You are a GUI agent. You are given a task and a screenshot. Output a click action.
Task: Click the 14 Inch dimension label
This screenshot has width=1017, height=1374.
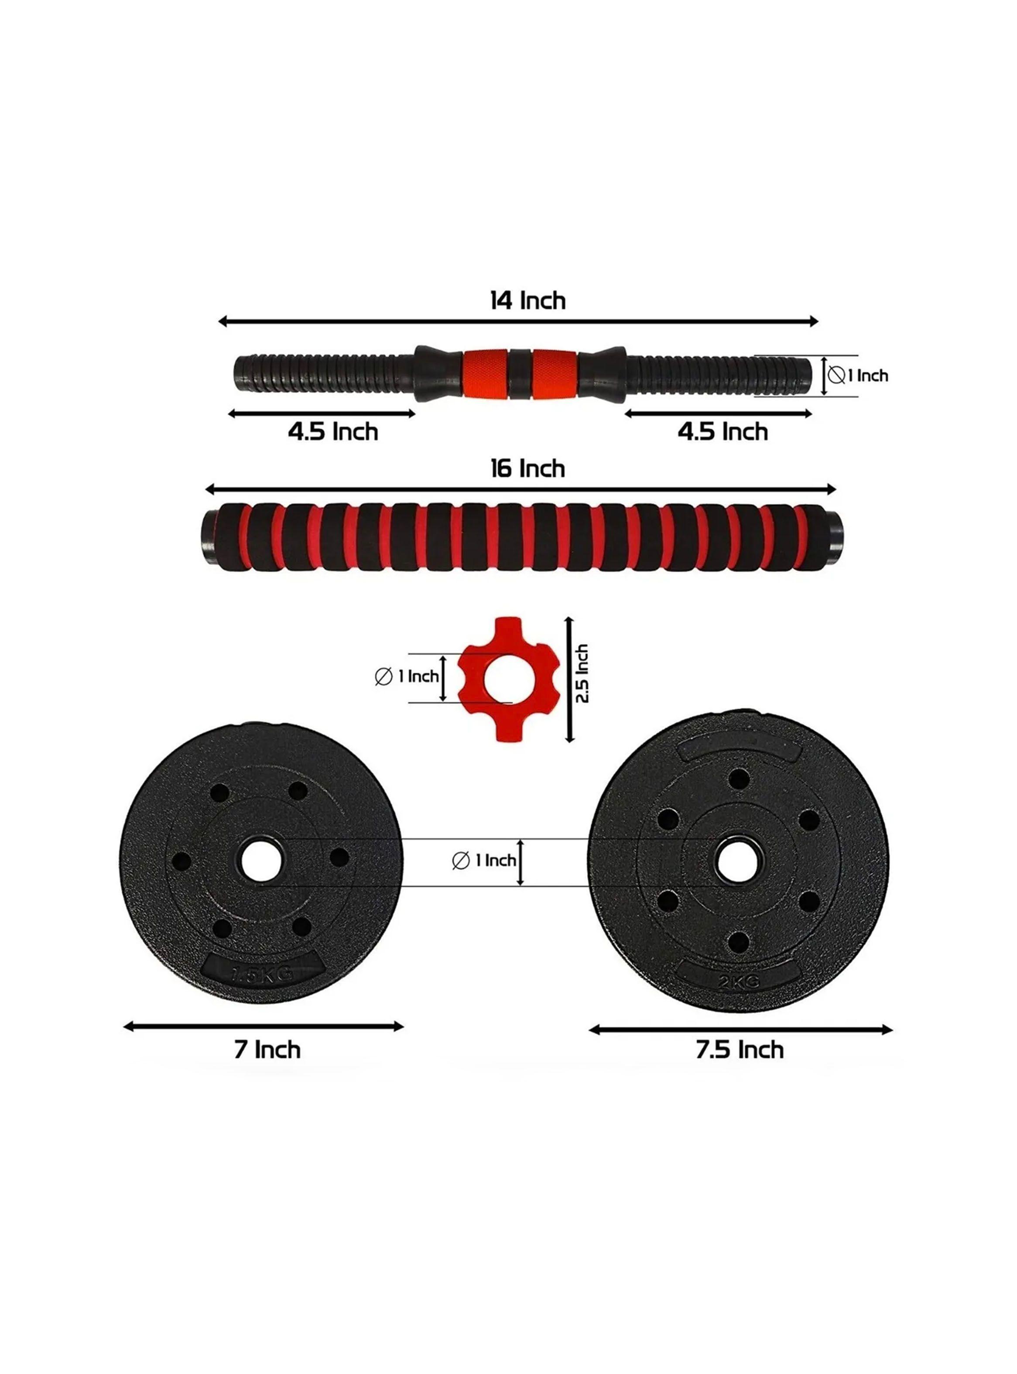click(x=527, y=301)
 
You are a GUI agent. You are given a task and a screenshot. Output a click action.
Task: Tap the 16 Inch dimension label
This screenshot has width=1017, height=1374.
click(x=527, y=469)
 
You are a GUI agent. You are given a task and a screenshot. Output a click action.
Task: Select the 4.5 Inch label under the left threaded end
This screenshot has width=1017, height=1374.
click(x=332, y=432)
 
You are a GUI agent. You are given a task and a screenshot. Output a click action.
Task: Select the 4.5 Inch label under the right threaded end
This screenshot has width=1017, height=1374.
click(x=723, y=432)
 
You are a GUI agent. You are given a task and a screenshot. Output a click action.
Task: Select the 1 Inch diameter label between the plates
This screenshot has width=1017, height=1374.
click(x=484, y=860)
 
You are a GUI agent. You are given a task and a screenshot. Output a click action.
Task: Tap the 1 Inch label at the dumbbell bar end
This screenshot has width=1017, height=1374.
click(x=859, y=376)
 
